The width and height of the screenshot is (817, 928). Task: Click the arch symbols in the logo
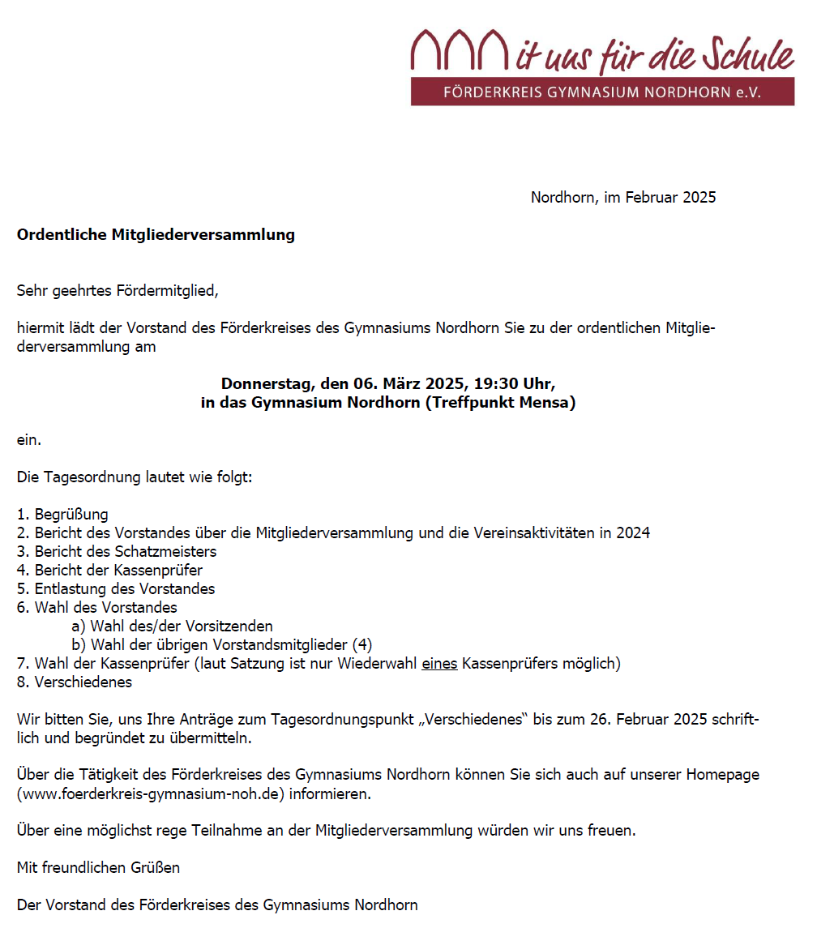[459, 51]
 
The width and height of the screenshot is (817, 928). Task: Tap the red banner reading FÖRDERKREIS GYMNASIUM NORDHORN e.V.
[602, 92]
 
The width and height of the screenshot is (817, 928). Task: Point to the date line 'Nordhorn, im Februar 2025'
[623, 197]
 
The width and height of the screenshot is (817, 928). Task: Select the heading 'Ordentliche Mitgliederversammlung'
[156, 235]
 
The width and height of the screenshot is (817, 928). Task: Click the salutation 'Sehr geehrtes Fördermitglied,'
[118, 291]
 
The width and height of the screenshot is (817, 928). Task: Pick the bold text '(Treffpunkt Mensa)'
[500, 403]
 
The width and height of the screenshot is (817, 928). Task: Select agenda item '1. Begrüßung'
[63, 515]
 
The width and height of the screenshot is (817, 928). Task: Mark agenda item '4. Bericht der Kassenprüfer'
[110, 571]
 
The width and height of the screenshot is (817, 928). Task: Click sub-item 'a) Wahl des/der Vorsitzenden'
[172, 627]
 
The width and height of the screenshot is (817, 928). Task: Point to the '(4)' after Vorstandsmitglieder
[362, 645]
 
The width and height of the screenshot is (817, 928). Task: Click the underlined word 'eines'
[439, 664]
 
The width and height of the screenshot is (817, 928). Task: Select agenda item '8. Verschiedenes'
[75, 682]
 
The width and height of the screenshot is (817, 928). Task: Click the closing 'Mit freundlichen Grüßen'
[98, 868]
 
